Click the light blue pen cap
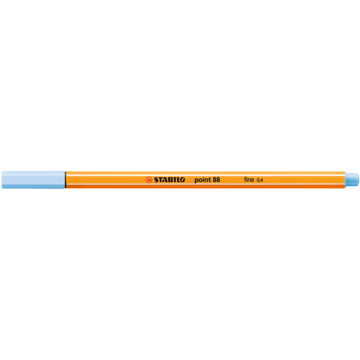click(x=33, y=180)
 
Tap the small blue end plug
click(x=352, y=180)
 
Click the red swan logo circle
click(x=149, y=180)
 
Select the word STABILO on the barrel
click(x=169, y=180)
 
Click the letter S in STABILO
click(x=157, y=180)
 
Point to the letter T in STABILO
click(x=161, y=180)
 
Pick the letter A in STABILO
click(x=166, y=180)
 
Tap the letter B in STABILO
click(x=171, y=180)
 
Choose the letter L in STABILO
click(x=178, y=180)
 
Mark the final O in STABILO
click(x=182, y=180)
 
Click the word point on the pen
click(x=203, y=180)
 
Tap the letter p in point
click(x=197, y=181)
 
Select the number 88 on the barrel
click(x=216, y=179)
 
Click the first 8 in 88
click(x=214, y=179)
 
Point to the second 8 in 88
click(x=218, y=179)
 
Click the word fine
click(x=249, y=179)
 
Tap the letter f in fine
click(x=245, y=179)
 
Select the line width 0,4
click(x=260, y=180)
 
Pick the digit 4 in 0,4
click(x=262, y=180)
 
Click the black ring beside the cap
click(x=65, y=180)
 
